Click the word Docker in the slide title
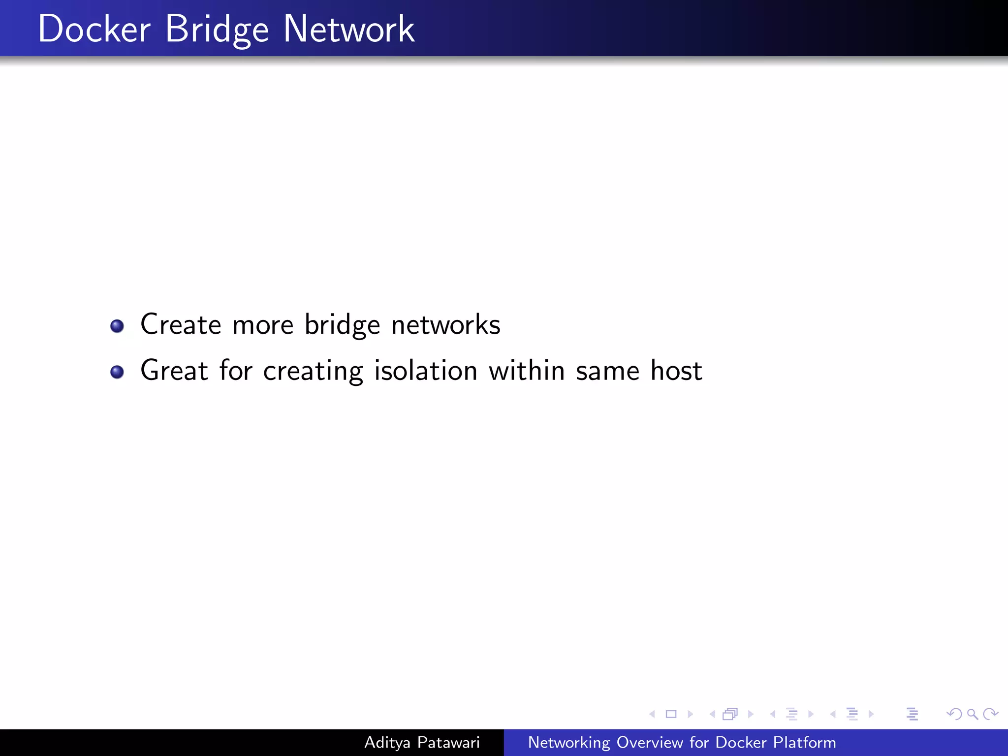[x=94, y=29]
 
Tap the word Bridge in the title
[x=217, y=30]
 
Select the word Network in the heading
[x=349, y=29]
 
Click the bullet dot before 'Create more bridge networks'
[x=117, y=326]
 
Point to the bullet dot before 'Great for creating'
[x=117, y=372]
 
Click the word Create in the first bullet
[x=181, y=325]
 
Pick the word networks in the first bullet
[x=445, y=325]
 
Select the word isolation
[x=426, y=371]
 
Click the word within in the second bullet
[x=526, y=371]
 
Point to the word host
[x=676, y=371]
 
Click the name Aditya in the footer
[x=387, y=742]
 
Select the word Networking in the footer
[x=569, y=743]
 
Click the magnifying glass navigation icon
[x=972, y=714]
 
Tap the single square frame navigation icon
[x=671, y=714]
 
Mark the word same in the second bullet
[x=607, y=371]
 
